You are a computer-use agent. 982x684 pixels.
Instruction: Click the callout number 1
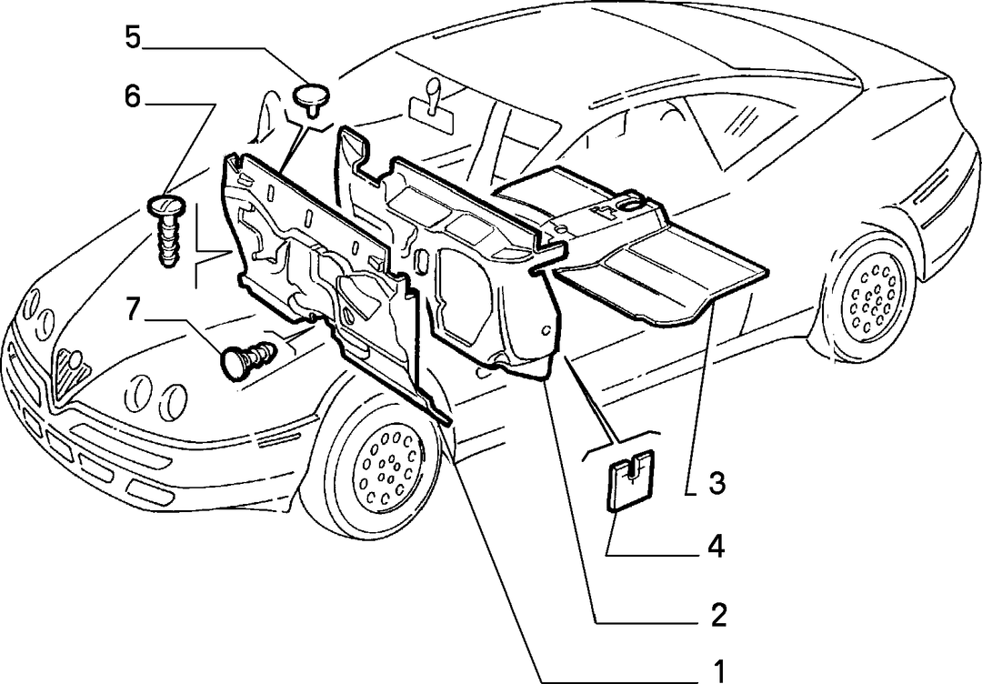(717, 671)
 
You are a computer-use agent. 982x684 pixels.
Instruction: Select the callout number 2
(717, 615)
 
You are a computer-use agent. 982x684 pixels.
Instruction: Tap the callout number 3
(717, 483)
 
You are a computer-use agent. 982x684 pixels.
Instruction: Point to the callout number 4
(716, 546)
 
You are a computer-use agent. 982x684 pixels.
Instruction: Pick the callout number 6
(132, 97)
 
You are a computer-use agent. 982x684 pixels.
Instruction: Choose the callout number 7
(132, 309)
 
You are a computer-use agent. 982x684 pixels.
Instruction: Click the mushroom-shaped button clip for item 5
(312, 99)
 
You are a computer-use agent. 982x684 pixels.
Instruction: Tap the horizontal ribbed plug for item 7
(248, 359)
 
